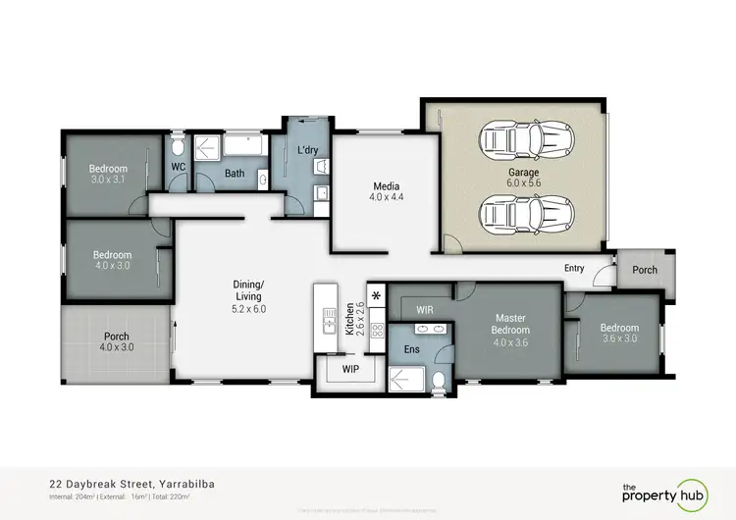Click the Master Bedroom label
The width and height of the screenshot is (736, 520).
pos(510,323)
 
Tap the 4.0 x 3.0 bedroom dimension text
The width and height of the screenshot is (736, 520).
pos(112,266)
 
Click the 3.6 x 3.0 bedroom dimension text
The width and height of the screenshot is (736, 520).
pos(619,339)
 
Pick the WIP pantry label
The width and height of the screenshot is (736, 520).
pos(351,370)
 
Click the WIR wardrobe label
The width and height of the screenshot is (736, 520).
pos(425,309)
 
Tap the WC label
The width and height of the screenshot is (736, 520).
pos(179,168)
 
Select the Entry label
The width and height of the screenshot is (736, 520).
pos(575,268)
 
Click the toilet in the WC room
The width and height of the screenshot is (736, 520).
pos(177,148)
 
